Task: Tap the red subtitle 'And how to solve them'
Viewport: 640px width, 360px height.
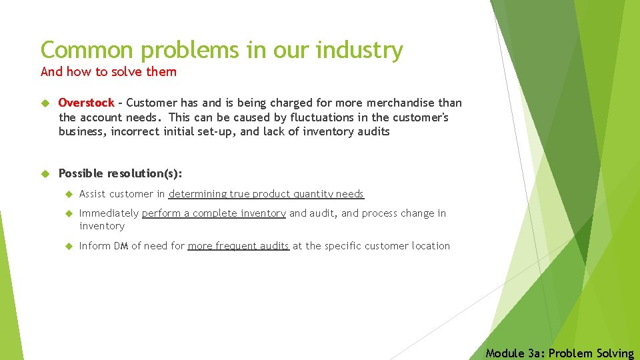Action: (109, 71)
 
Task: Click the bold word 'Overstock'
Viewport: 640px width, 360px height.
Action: (87, 103)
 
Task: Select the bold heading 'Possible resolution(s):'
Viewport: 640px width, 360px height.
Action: (120, 173)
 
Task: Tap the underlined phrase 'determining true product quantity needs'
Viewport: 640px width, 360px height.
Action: (266, 194)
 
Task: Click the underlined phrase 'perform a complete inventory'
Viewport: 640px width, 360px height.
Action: (213, 213)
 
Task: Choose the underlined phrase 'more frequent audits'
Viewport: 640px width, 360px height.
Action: (238, 246)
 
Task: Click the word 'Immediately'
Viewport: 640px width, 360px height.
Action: (109, 213)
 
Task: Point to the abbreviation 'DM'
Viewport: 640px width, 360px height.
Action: (121, 246)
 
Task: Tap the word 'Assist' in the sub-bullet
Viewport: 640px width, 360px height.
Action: (93, 194)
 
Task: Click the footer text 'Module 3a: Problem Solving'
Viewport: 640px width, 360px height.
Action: (559, 353)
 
